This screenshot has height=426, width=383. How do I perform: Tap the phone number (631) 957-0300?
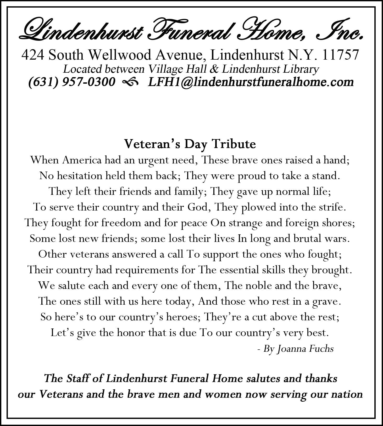(x=71, y=82)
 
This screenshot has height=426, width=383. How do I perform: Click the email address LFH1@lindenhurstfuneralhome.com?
(x=251, y=82)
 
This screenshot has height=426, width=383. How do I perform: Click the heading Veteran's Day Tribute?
(x=190, y=144)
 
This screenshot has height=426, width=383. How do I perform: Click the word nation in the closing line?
(x=347, y=394)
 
